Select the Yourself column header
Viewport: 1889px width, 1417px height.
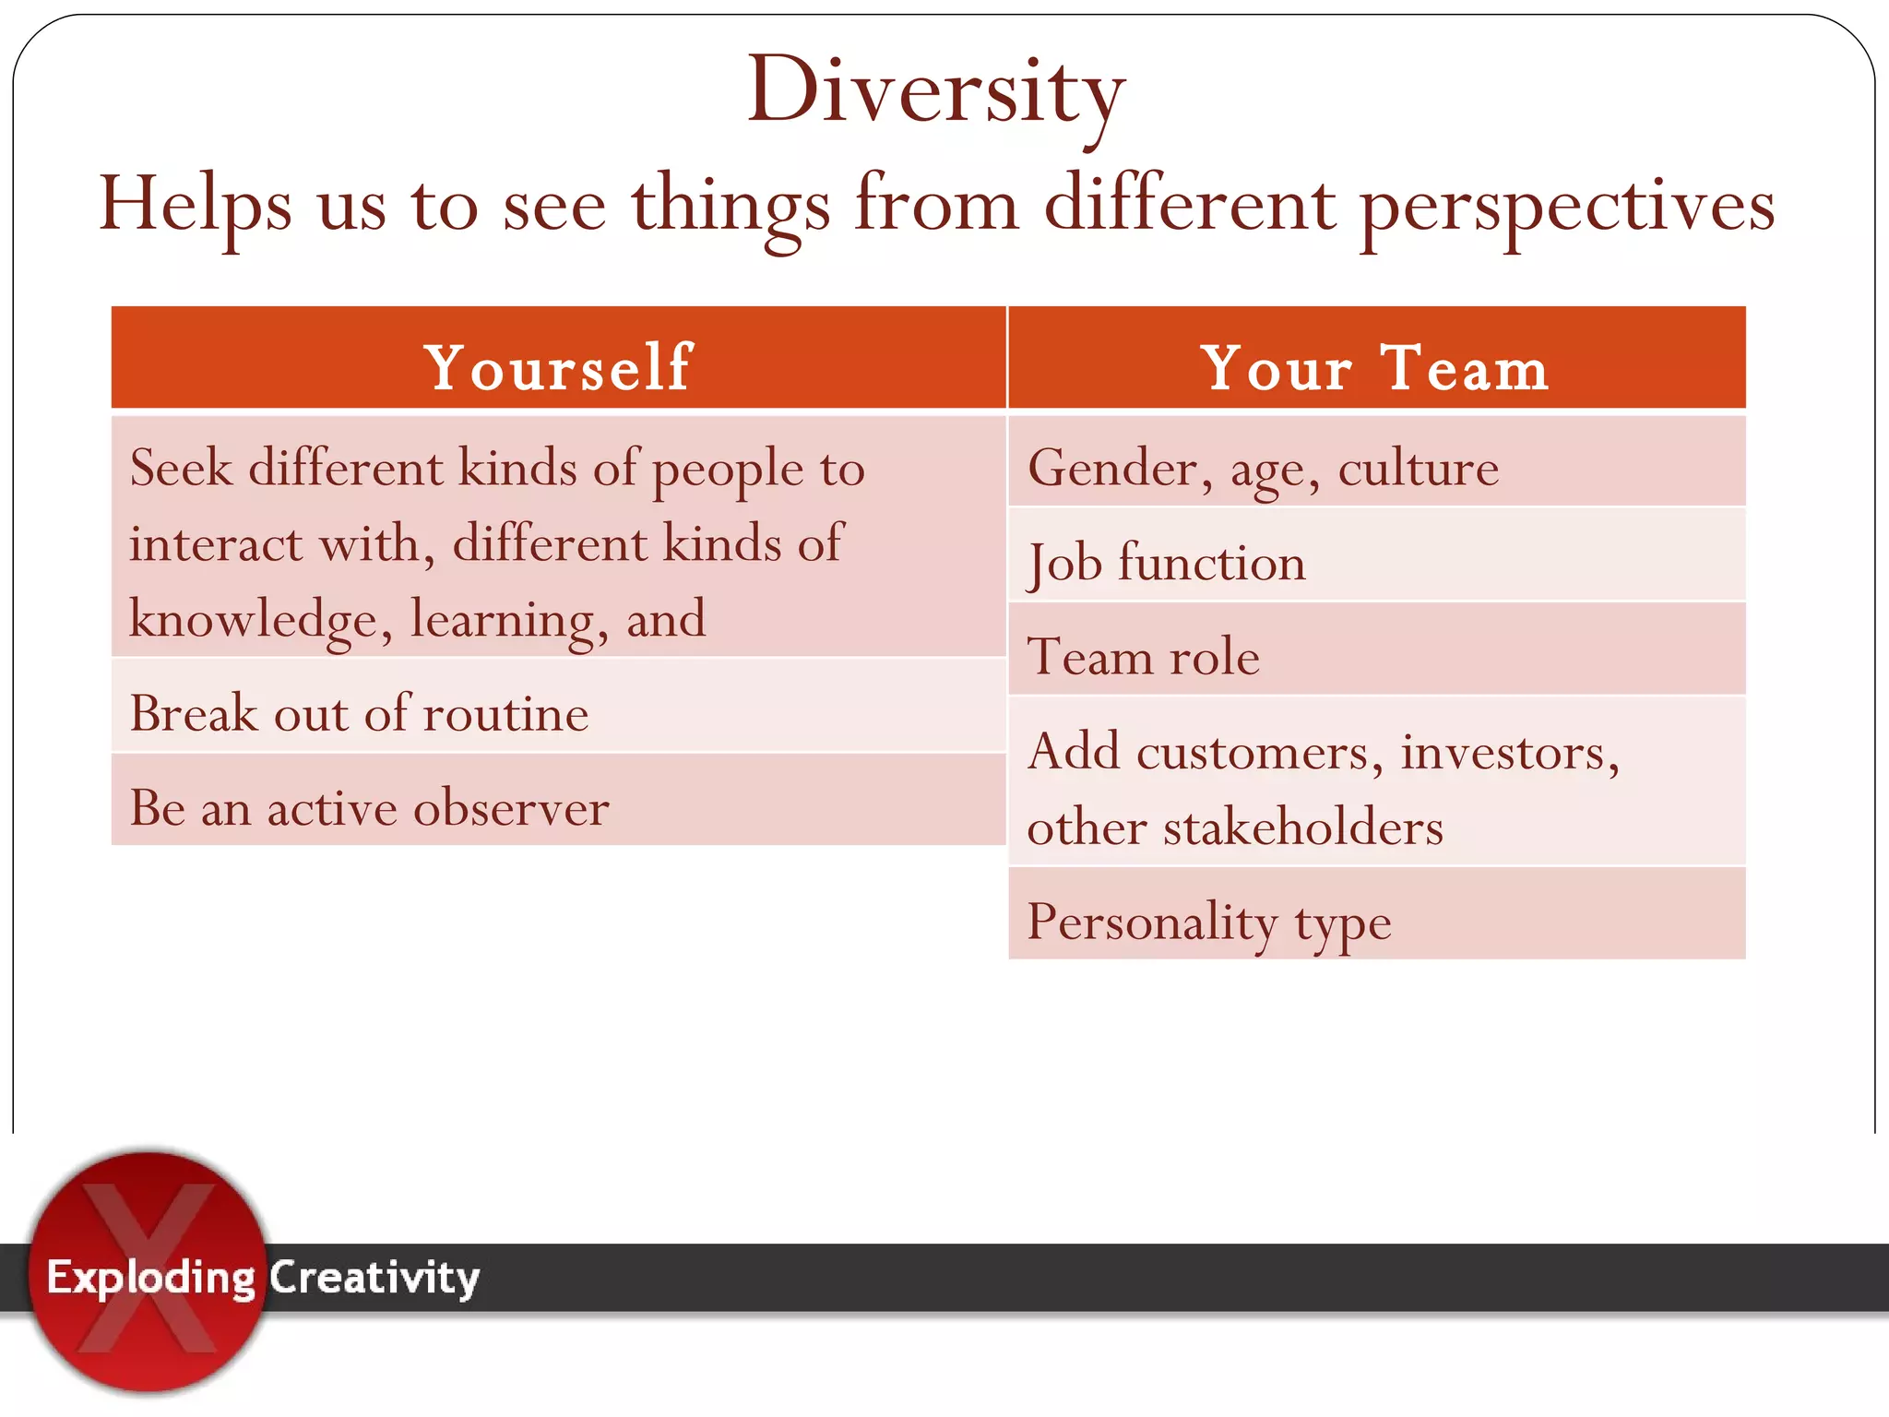click(x=558, y=367)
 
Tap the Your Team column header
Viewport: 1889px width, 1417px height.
click(x=1375, y=367)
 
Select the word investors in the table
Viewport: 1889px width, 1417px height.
click(x=1509, y=752)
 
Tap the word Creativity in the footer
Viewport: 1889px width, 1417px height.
click(x=374, y=1278)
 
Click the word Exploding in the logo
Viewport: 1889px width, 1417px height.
click(x=150, y=1278)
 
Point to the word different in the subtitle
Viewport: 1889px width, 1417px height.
click(x=1189, y=205)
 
